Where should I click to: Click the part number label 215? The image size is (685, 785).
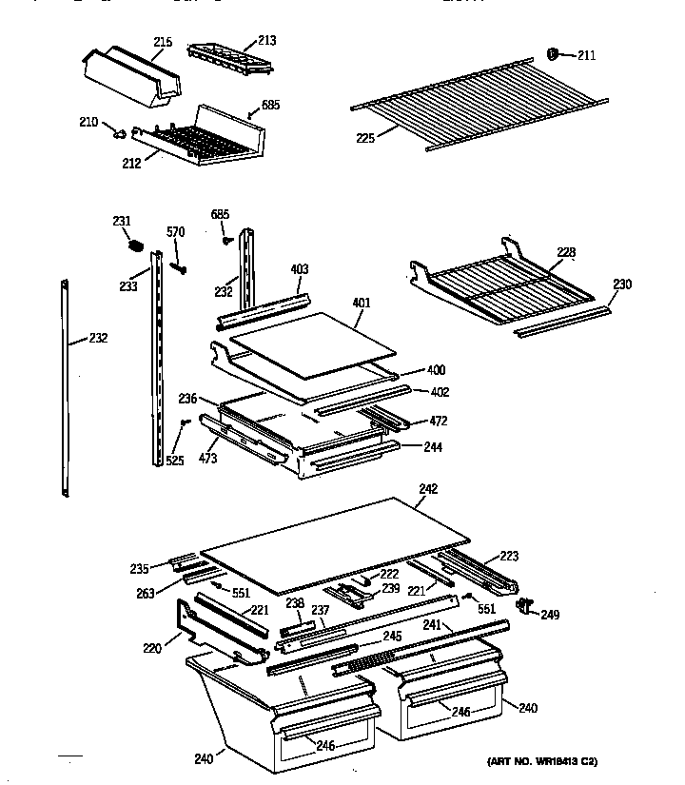coord(163,43)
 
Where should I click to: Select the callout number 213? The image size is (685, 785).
coord(267,40)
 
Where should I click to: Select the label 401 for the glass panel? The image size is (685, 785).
coord(361,304)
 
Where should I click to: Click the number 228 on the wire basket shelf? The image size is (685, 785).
coord(566,252)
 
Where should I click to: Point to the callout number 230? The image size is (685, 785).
coord(622,284)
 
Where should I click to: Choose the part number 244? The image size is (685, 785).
coord(435,446)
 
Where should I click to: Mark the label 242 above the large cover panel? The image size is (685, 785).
coord(428,488)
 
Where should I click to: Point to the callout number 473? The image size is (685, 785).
coord(207,459)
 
